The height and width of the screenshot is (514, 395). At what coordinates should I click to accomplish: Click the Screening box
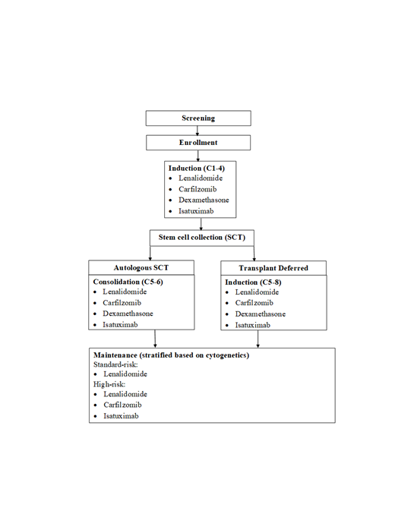(197, 118)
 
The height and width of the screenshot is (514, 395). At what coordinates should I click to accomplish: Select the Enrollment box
(197, 142)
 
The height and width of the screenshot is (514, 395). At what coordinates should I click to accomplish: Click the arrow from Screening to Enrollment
(197, 131)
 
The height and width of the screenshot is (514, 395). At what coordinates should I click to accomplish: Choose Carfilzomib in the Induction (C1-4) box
(201, 188)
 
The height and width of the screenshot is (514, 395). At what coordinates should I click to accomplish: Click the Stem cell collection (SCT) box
(202, 238)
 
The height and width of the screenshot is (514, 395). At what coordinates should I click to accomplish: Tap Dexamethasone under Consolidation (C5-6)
(128, 314)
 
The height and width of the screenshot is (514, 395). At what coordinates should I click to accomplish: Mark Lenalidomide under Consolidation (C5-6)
(126, 292)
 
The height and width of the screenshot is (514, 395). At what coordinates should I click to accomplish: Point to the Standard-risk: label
(115, 364)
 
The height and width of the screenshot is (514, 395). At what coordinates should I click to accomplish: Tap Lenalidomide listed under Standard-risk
(126, 374)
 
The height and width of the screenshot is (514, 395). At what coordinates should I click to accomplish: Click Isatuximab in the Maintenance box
(123, 416)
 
